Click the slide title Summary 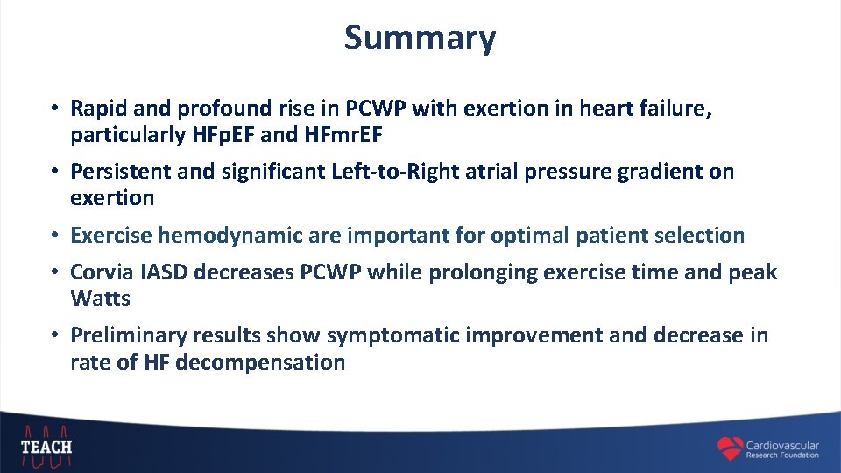[x=420, y=38]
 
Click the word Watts [x=100, y=299]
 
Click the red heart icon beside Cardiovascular [x=729, y=448]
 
